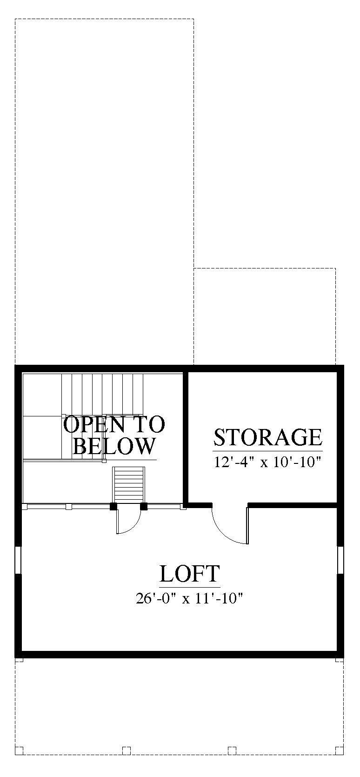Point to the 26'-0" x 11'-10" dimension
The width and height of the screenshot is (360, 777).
pyautogui.click(x=188, y=598)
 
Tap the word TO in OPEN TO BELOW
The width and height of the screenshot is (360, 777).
pyautogui.click(x=149, y=424)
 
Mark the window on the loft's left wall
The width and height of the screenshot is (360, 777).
pyautogui.click(x=19, y=560)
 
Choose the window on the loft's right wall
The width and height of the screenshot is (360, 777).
pyautogui.click(x=340, y=560)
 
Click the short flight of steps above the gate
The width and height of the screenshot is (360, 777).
pyautogui.click(x=129, y=485)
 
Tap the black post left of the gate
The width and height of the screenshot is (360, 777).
pyautogui.click(x=113, y=506)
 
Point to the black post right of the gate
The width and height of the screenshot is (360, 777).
pyautogui.click(x=144, y=506)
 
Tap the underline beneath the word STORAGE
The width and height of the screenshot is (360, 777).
pyautogui.click(x=267, y=450)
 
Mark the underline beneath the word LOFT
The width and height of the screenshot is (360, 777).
pyautogui.click(x=190, y=587)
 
